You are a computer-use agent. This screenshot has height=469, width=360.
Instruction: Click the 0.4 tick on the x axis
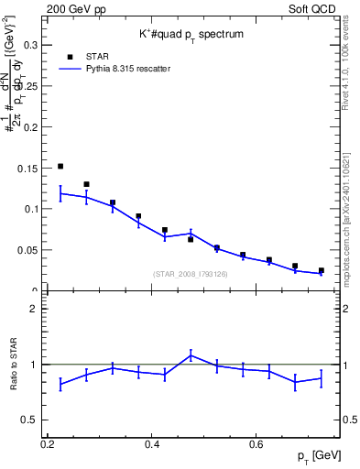[x=153, y=444]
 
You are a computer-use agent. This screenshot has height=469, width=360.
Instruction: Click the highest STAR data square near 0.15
[x=60, y=167]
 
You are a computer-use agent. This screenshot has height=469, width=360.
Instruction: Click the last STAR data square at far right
[x=321, y=270]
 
